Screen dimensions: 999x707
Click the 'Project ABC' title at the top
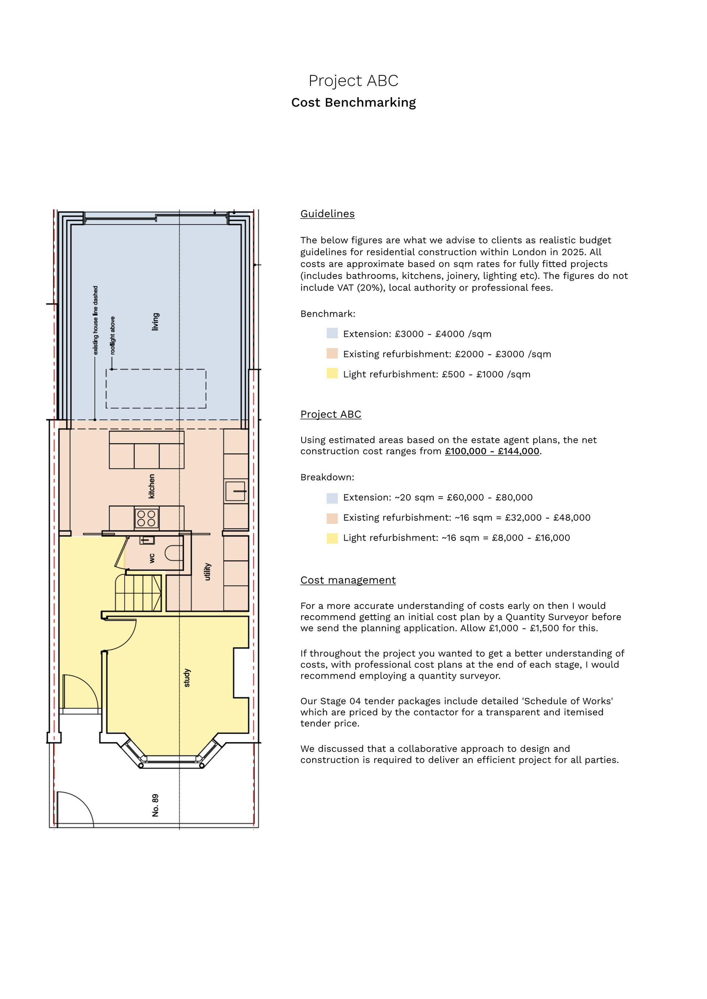point(353,81)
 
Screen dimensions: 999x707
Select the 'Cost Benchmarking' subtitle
point(353,103)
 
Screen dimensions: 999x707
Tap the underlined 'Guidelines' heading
point(327,214)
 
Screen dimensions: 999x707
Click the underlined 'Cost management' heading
point(348,580)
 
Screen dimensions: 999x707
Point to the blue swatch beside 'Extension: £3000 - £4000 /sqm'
point(332,333)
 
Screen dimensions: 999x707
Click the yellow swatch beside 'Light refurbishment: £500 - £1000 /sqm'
point(332,373)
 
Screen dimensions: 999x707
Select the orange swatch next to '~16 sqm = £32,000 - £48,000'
point(332,518)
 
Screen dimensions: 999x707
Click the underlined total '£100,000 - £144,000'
point(492,451)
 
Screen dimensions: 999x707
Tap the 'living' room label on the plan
point(155,322)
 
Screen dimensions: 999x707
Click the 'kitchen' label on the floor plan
point(151,486)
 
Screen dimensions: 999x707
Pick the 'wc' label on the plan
point(152,558)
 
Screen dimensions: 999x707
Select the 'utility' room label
point(208,571)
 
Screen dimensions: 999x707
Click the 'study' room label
point(187,678)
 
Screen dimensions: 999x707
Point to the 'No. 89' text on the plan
point(155,805)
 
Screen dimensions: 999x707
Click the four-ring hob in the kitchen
point(146,518)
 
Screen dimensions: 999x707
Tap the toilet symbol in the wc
point(173,553)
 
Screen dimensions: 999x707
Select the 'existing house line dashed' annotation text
point(95,320)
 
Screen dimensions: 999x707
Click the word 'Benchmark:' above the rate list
point(327,314)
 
